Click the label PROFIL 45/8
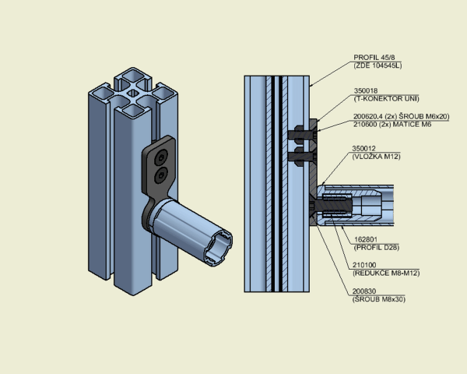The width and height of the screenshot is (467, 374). (x=374, y=57)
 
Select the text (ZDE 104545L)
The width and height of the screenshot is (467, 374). (x=377, y=65)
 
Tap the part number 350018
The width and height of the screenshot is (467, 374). (x=366, y=90)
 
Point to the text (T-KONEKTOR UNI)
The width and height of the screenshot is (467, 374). (x=386, y=98)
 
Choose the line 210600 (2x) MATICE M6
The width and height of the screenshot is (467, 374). (x=392, y=125)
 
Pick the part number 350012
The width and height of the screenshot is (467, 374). (x=363, y=148)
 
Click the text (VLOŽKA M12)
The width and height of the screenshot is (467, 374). (x=376, y=157)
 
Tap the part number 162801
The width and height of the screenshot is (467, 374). (x=366, y=239)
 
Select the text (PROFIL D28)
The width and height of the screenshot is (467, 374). (x=377, y=247)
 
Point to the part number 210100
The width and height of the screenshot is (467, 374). (x=364, y=265)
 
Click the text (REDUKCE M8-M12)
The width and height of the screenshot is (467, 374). (x=386, y=273)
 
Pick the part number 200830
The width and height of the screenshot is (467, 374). (x=364, y=291)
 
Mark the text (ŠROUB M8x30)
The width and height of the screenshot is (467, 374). (x=379, y=299)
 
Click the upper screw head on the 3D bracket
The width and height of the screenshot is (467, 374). (x=161, y=157)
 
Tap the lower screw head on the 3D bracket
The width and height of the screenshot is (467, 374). (x=161, y=175)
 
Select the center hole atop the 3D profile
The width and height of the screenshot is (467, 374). (x=133, y=93)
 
